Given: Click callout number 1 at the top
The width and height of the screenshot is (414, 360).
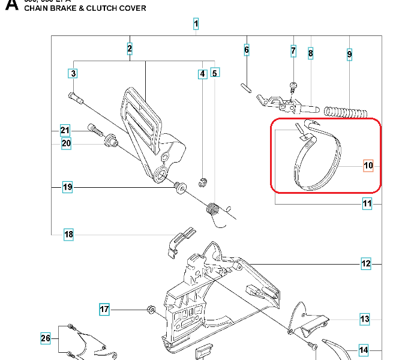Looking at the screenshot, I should [196, 24].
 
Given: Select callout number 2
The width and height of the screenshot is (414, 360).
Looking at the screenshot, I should [130, 48].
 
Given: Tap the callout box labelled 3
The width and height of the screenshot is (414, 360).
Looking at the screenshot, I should [73, 74].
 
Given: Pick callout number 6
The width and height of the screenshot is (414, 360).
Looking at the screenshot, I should [246, 50].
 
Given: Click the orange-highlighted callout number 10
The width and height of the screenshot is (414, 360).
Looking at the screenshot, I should [368, 166].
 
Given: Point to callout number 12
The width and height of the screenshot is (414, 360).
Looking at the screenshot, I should [366, 263].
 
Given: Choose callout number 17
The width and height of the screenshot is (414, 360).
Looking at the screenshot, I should [104, 310].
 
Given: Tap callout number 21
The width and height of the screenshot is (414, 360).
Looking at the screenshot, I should [65, 131].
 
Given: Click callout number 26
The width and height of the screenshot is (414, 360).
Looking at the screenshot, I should [46, 339].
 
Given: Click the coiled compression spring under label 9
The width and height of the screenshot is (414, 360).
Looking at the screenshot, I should [344, 111].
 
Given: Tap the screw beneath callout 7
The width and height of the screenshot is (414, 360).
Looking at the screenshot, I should [293, 86].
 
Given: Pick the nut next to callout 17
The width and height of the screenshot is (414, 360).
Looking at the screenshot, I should [152, 310].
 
